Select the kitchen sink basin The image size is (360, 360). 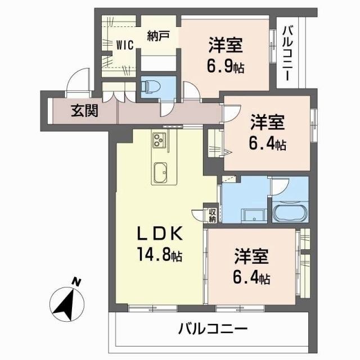161,173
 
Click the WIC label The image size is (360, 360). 125,45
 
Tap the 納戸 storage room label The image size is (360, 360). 158,36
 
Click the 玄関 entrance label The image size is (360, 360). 84,111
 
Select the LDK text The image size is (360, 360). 160,233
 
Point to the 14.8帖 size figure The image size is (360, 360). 160,254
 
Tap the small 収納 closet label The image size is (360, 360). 213,215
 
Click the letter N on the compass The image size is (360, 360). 76,282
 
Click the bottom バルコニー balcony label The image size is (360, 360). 213,329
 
